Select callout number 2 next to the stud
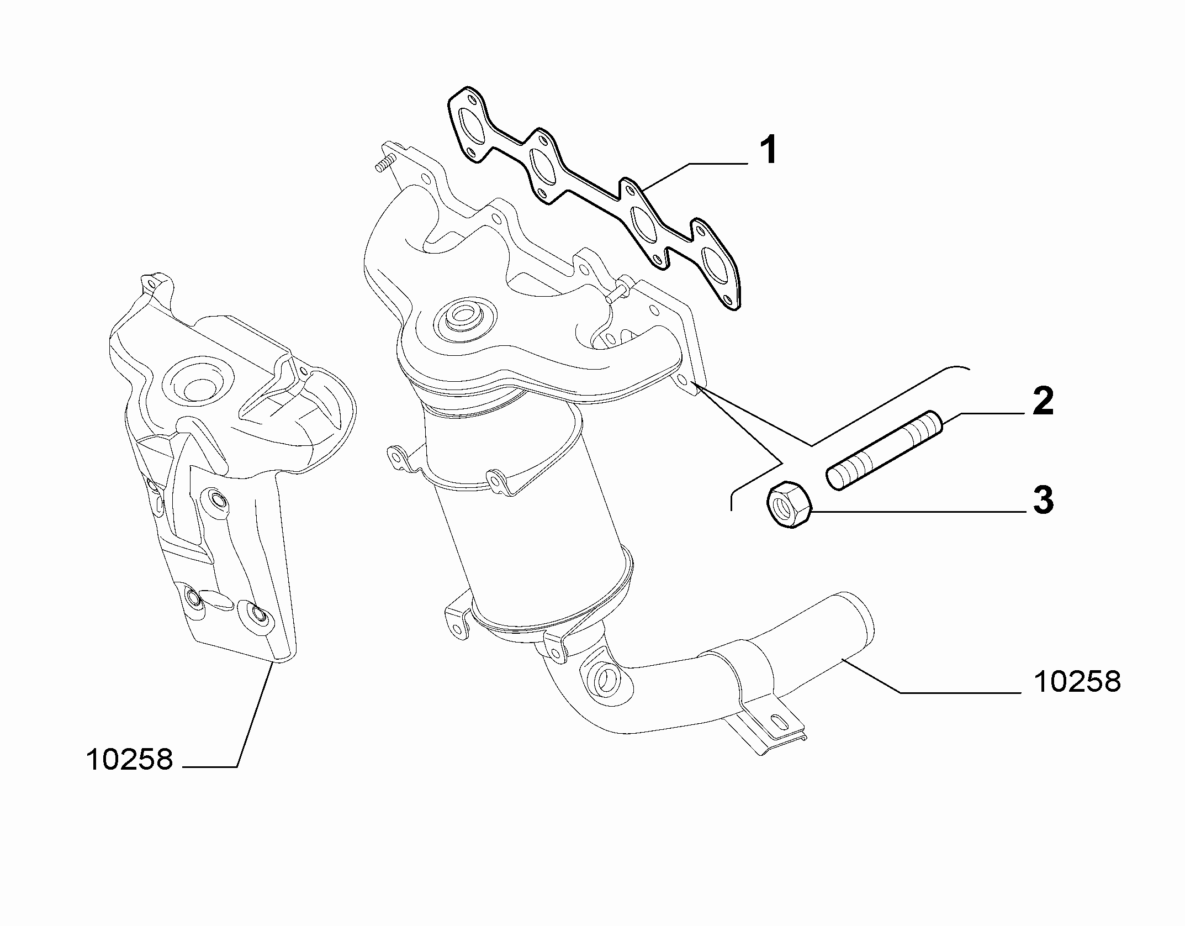[x=1040, y=402]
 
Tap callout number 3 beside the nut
[x=1040, y=500]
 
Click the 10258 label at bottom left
[x=130, y=760]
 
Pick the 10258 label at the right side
[x=1077, y=682]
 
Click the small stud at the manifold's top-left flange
[x=388, y=164]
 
